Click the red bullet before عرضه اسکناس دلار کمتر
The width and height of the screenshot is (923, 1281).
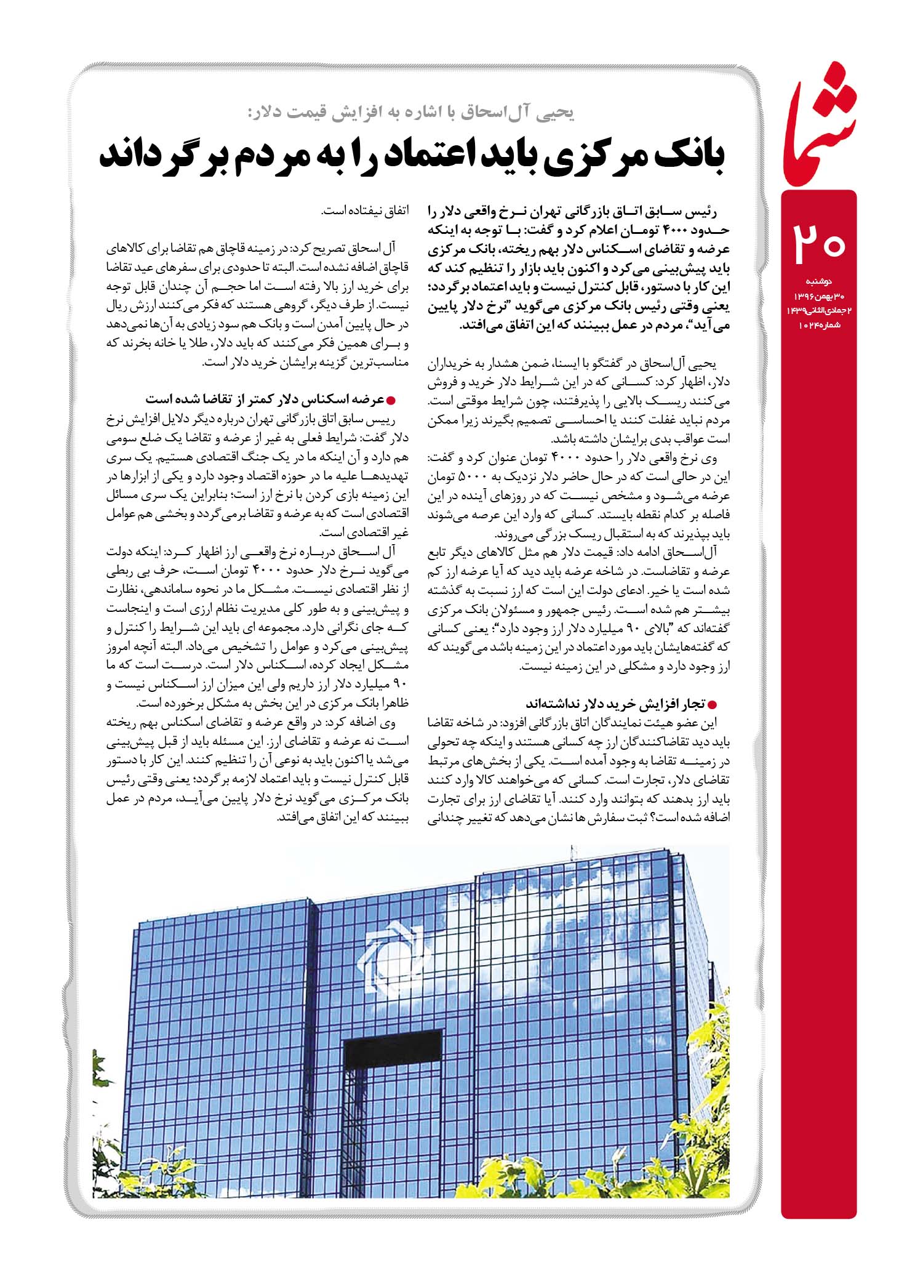coord(388,400)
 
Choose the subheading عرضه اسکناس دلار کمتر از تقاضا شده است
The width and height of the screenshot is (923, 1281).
coord(265,400)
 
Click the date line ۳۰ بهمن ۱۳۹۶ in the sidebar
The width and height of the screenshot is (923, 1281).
coord(818,296)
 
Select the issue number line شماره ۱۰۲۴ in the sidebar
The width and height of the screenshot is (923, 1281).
coord(818,324)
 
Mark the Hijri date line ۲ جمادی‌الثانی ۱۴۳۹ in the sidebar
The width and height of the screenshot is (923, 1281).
coord(818,310)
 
